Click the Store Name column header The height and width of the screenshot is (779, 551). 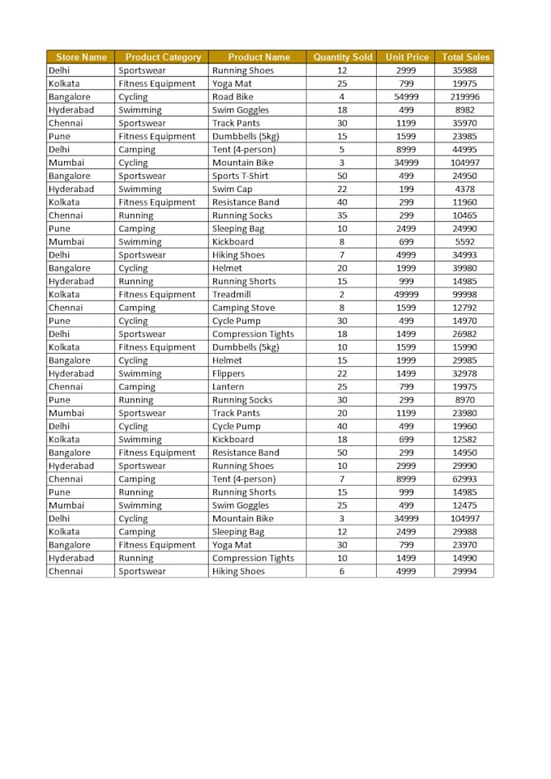point(81,57)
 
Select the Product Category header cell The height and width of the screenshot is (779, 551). point(163,57)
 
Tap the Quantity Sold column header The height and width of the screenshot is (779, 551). point(343,57)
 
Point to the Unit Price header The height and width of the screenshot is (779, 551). point(407,57)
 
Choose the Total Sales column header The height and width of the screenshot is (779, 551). point(465,57)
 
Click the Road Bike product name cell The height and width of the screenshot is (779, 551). point(233,97)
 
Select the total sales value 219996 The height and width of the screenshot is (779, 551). point(465,97)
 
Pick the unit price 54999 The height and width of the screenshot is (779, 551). point(407,97)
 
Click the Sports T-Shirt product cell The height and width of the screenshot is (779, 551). point(240,176)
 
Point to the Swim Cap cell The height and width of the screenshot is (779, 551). point(232,189)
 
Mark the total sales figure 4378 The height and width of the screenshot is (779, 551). point(465,189)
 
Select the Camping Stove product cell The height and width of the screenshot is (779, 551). point(243,308)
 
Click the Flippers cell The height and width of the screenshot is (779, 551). point(229,373)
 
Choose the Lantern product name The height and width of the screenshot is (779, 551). point(228,387)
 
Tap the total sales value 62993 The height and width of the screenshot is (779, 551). point(465,479)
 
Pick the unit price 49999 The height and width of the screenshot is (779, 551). point(407,295)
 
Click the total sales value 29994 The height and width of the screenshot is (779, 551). point(465,572)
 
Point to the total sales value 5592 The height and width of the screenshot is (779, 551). point(465,242)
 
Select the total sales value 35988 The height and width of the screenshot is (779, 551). point(465,70)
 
